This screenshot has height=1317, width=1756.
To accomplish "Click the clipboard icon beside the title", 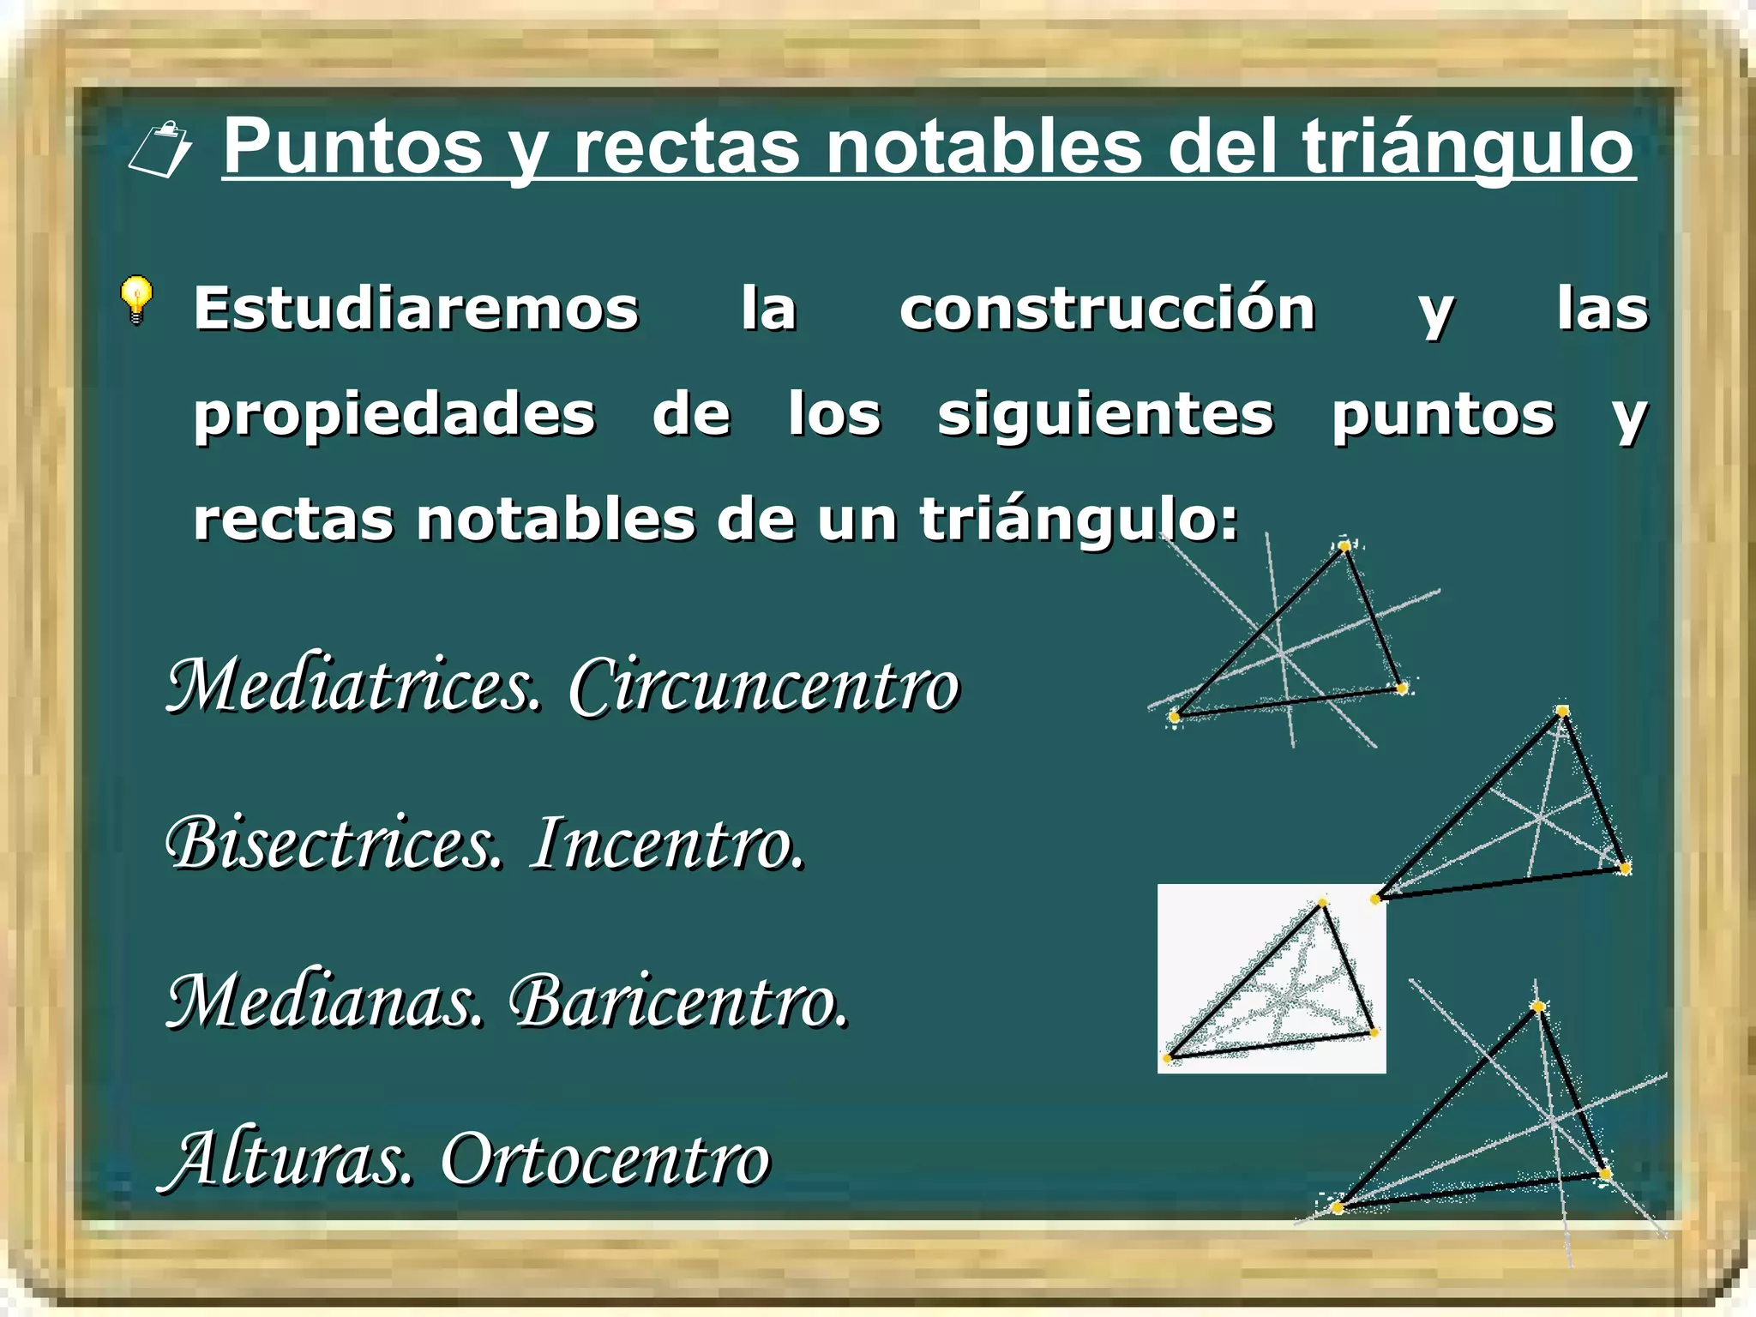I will (x=160, y=150).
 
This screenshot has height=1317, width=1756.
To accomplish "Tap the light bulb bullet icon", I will (x=136, y=299).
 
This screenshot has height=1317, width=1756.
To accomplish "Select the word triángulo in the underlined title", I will (x=1468, y=147).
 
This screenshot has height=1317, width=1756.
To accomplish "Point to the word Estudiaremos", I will (x=416, y=309).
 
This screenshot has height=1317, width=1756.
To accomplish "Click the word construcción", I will (x=1107, y=309).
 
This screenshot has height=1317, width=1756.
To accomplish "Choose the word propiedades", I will (x=394, y=416).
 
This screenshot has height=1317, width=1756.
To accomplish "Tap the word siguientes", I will (x=1105, y=416).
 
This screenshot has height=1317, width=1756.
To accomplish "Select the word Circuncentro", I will (x=764, y=687).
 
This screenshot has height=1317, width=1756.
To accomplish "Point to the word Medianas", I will (x=325, y=1001).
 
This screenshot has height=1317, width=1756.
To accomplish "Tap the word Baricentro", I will (x=678, y=1001).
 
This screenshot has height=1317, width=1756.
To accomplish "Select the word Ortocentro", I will (x=605, y=1160).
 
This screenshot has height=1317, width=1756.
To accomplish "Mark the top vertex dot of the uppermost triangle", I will (x=1344, y=546).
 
